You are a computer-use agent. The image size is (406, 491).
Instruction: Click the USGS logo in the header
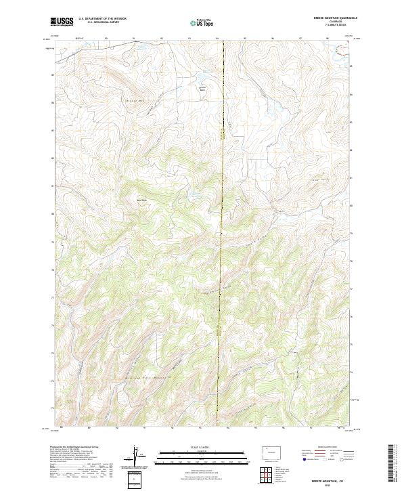tap(61, 22)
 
